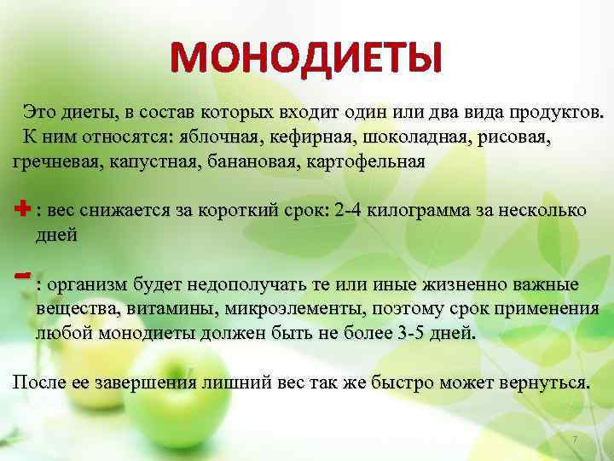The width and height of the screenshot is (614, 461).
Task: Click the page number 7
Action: (x=575, y=439)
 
